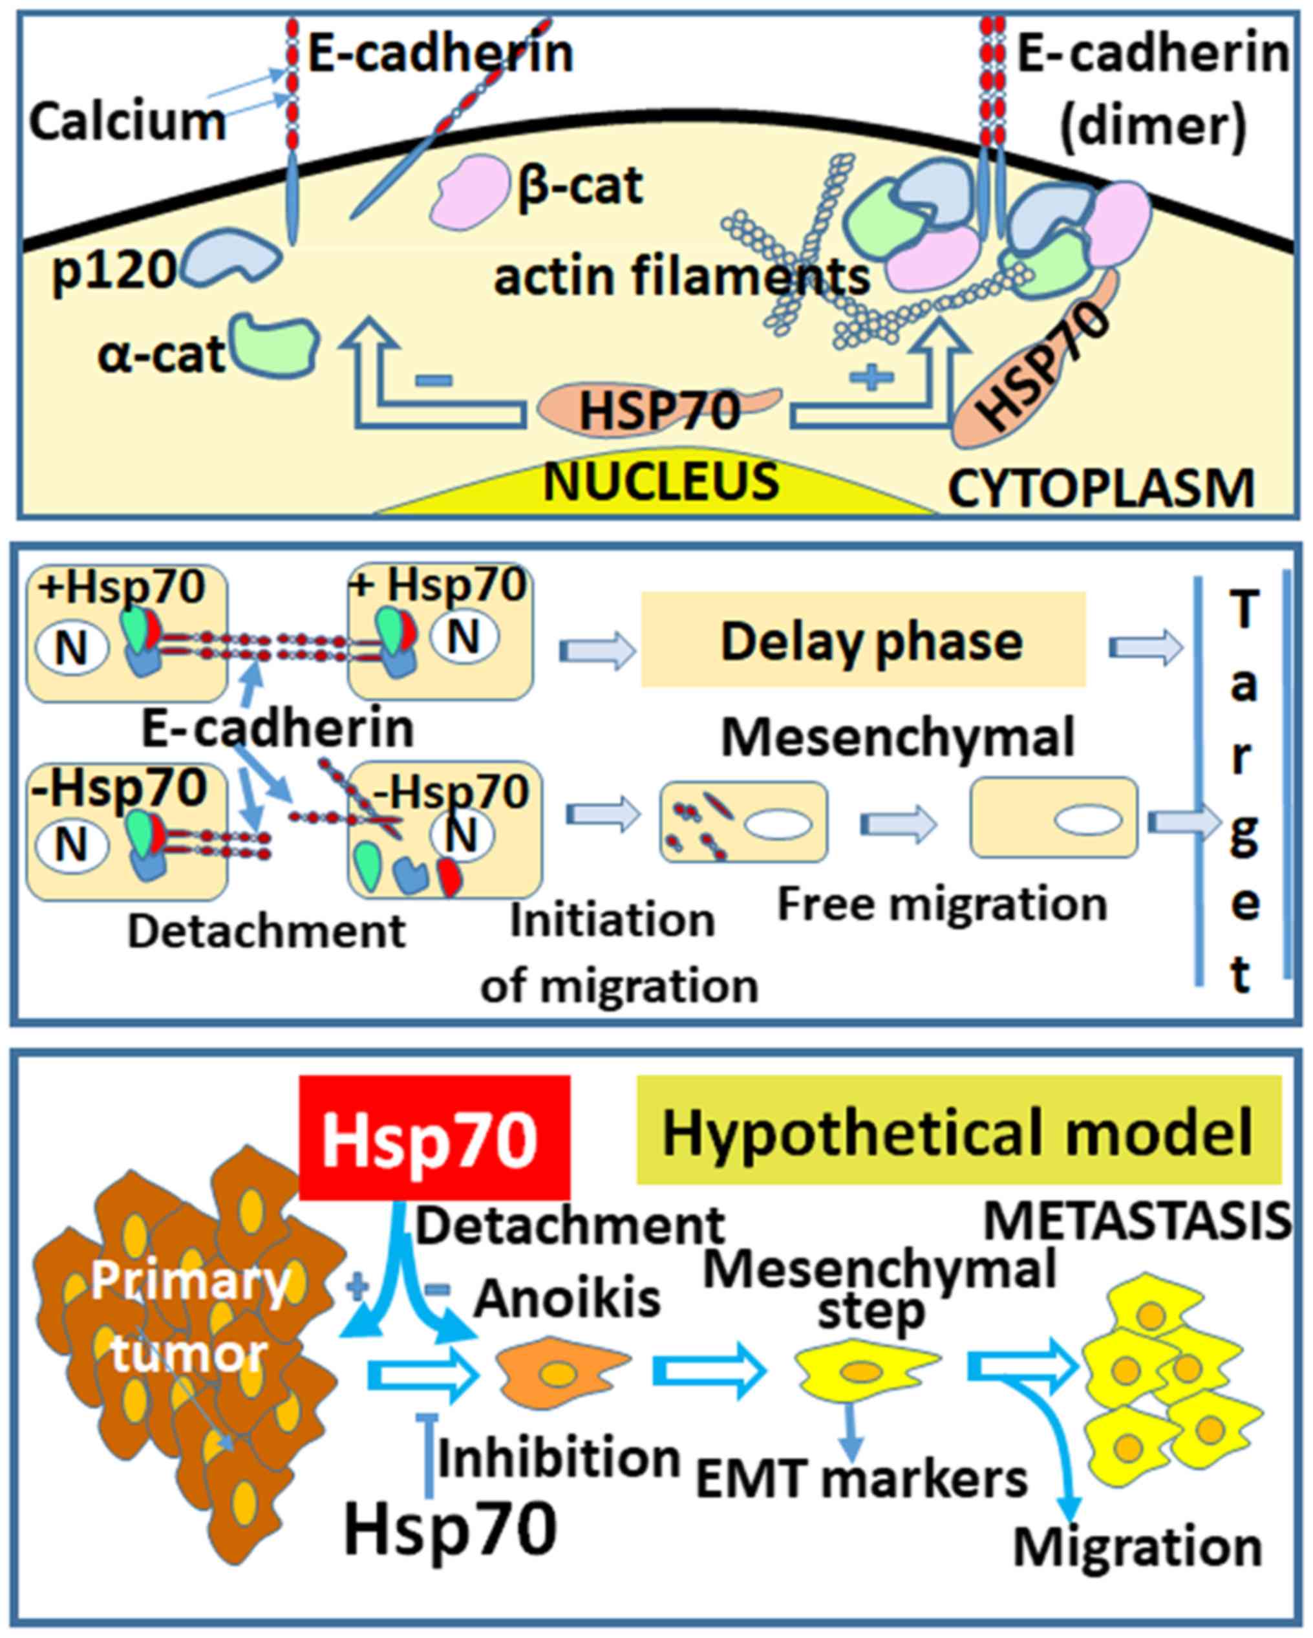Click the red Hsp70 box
434,1138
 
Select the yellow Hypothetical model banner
958,1130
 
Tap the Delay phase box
864,640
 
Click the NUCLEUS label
661,482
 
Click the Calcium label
127,122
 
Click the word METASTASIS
1137,1222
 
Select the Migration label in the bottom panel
1137,1546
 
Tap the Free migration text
942,903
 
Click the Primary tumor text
190,1318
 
